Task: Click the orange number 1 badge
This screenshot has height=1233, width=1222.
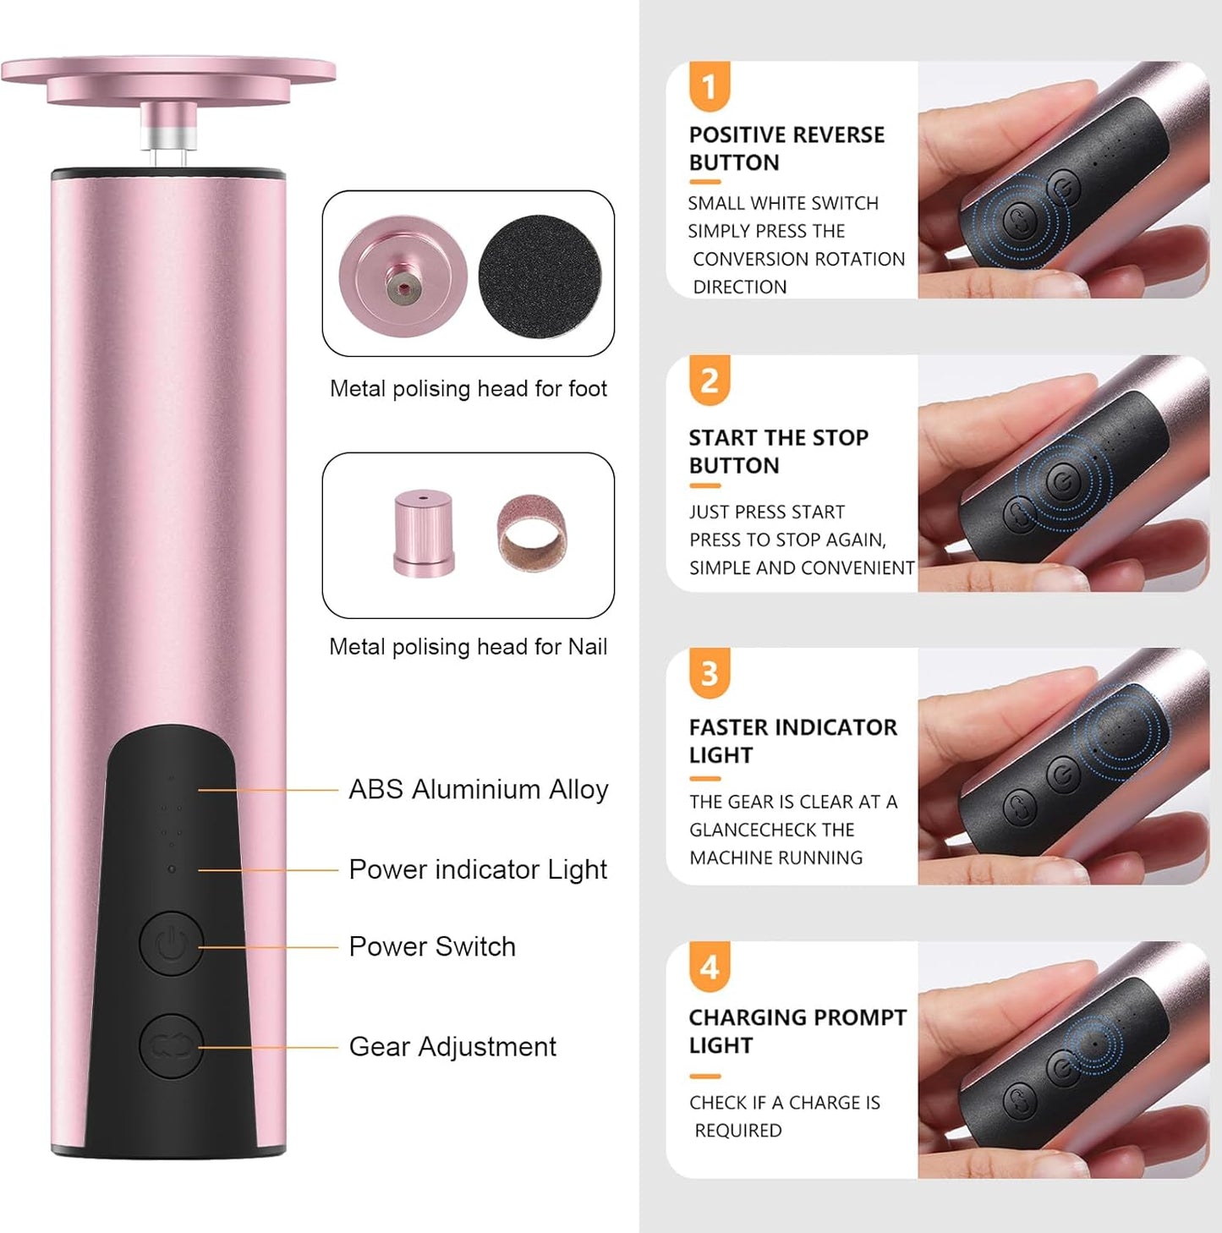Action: click(709, 86)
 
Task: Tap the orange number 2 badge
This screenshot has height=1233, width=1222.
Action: click(709, 381)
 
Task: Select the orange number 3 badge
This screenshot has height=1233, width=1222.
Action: click(709, 674)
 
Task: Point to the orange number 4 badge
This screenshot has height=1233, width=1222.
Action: click(709, 967)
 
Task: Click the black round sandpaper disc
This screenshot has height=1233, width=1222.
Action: click(540, 275)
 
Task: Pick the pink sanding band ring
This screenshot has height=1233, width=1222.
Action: click(531, 534)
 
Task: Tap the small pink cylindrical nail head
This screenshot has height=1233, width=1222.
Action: click(423, 533)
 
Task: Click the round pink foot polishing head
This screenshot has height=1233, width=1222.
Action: click(403, 276)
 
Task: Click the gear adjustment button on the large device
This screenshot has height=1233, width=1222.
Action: click(171, 1046)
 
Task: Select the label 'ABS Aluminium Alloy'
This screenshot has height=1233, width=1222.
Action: click(478, 789)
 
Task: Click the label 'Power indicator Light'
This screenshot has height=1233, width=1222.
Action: click(478, 869)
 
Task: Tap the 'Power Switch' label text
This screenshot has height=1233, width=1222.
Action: click(432, 946)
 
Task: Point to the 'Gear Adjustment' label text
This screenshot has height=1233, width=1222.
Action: click(452, 1047)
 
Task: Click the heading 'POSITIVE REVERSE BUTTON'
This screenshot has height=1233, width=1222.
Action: click(786, 148)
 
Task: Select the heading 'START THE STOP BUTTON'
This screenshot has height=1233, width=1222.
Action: click(778, 451)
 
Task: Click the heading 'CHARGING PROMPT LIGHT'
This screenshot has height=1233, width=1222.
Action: click(797, 1031)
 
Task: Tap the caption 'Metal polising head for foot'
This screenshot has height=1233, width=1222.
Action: click(468, 389)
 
